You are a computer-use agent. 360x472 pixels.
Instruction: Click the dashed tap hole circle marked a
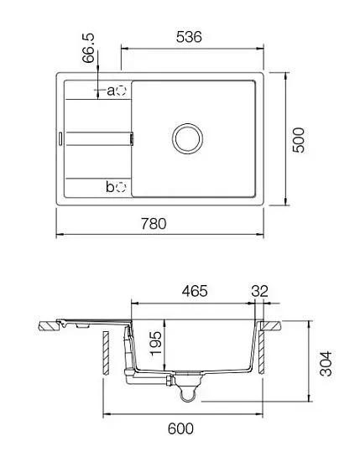(x=121, y=90)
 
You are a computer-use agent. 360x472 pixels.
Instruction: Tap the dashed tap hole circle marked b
(x=121, y=186)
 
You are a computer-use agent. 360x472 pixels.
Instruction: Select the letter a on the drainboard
(x=110, y=90)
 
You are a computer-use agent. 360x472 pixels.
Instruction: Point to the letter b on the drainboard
(x=110, y=186)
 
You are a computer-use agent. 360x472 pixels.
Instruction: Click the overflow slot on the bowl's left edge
(x=131, y=137)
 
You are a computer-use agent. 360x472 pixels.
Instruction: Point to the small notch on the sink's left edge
(x=60, y=137)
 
